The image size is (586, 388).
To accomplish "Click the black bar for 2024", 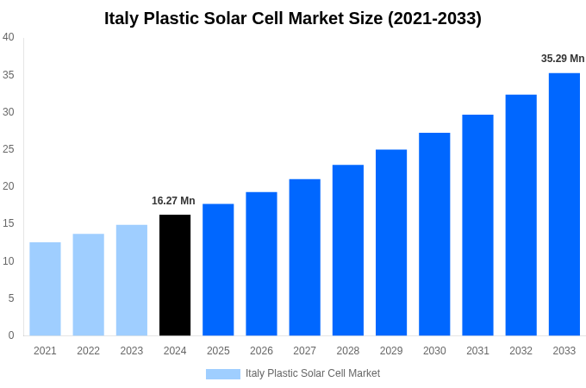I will click(175, 275).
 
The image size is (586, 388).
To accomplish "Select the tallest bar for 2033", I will click(564, 204).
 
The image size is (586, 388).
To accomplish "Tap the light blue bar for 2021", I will click(45, 289).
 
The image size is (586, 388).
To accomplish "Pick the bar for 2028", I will click(347, 250).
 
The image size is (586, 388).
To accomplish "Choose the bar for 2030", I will click(434, 234).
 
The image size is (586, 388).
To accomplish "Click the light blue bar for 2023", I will click(132, 280).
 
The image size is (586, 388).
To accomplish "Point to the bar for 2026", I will click(261, 264).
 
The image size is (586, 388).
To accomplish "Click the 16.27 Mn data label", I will click(173, 201).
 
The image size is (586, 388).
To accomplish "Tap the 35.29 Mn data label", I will click(563, 59).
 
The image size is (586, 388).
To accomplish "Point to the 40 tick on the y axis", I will click(9, 37).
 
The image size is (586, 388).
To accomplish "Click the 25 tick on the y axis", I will click(9, 149).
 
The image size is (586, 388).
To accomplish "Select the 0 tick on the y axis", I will click(11, 335).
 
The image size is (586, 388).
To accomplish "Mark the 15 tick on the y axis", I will click(9, 223).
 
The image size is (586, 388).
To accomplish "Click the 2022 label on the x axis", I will click(88, 351).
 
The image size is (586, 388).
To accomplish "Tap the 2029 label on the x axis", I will click(390, 351).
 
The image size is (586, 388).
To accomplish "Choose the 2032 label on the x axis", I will click(521, 351).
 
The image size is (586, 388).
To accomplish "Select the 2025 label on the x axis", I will click(218, 351).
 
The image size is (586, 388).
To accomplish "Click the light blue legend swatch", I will click(222, 373).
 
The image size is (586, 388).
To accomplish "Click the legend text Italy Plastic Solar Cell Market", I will click(313, 373).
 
